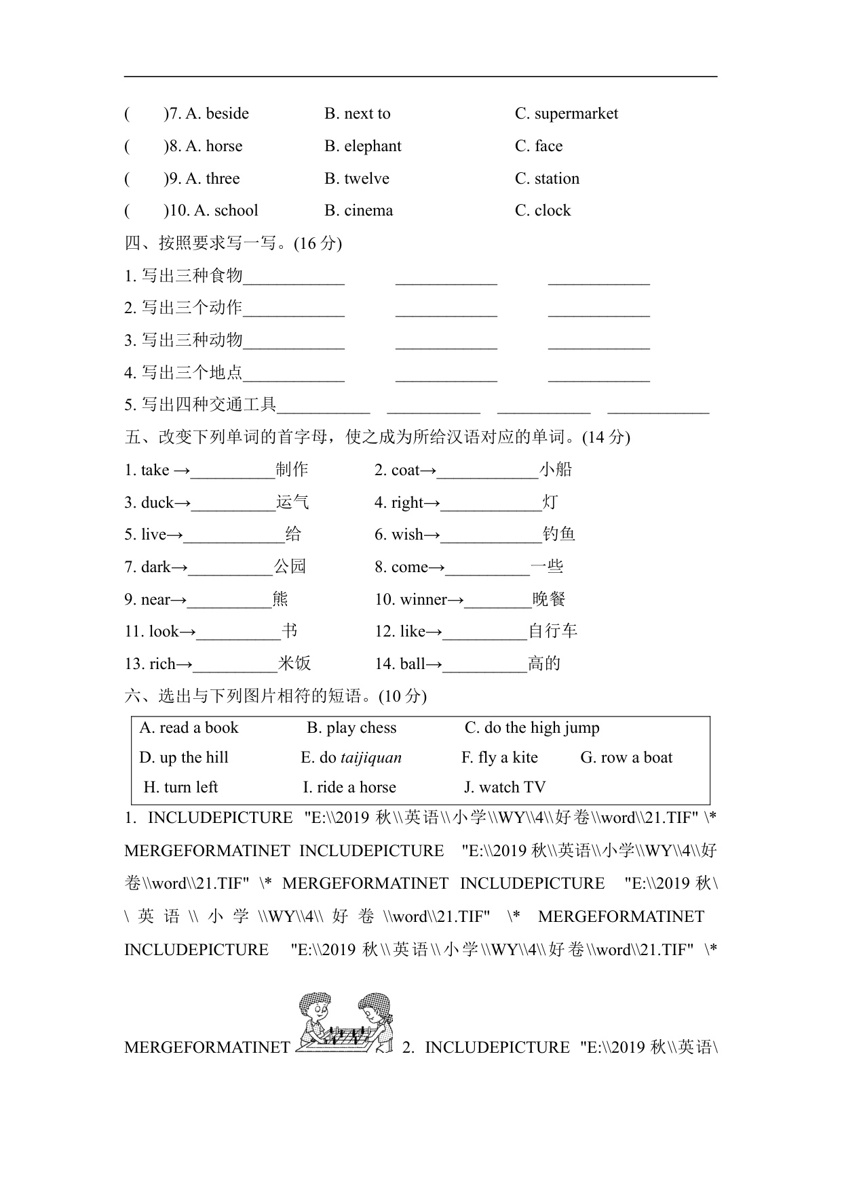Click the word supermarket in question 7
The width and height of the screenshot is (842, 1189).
click(576, 114)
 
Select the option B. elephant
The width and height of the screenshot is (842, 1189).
click(363, 146)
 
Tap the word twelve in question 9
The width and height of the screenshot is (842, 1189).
click(366, 179)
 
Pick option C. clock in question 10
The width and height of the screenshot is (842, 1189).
click(543, 211)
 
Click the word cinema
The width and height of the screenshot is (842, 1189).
click(368, 211)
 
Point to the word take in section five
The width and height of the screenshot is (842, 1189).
click(155, 470)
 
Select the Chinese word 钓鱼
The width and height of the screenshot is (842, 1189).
click(559, 535)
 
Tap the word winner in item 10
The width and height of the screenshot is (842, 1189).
click(423, 600)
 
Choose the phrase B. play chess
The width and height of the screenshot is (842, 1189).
click(351, 728)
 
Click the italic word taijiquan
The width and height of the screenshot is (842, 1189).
click(371, 758)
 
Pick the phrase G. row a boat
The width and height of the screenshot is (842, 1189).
click(626, 758)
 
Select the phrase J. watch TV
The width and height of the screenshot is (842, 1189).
click(505, 788)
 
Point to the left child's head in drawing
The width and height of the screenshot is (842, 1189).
click(314, 1004)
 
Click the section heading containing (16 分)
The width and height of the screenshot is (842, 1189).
click(233, 243)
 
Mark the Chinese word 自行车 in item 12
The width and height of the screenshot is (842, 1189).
click(553, 632)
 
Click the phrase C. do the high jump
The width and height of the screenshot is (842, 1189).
click(532, 728)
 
